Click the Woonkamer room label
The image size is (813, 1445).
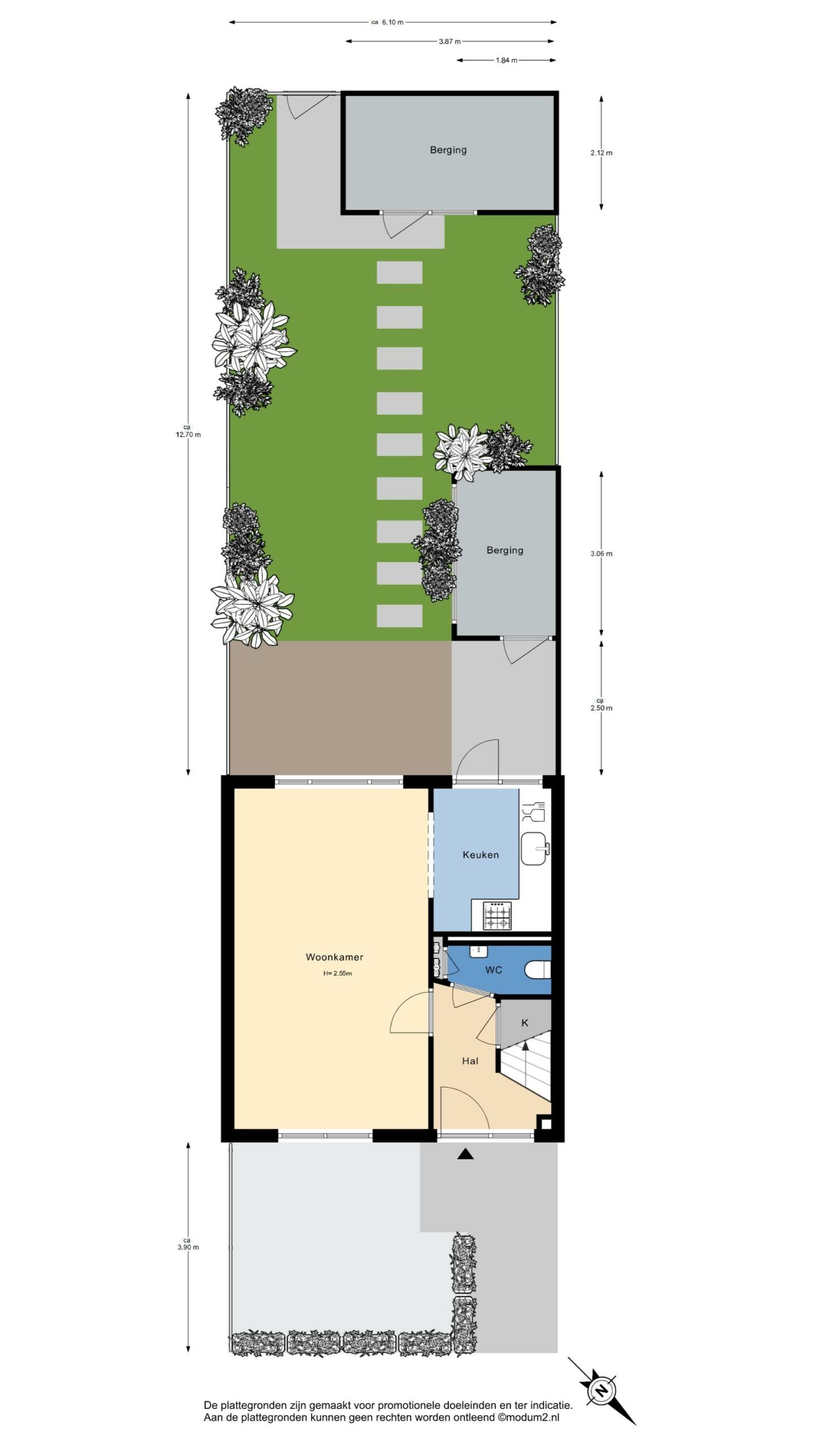pos(334,957)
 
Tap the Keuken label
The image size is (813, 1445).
pos(480,855)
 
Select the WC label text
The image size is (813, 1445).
pos(493,970)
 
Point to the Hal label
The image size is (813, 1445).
pos(470,1061)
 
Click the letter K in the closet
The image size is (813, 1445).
pos(525,1022)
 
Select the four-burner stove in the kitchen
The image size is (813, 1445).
pos(497,916)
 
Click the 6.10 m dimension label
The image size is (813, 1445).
pos(392,23)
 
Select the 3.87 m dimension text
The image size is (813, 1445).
pos(449,41)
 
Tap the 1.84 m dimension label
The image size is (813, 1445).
pos(506,60)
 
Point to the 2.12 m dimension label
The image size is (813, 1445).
pos(601,152)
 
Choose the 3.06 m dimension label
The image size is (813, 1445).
pos(601,554)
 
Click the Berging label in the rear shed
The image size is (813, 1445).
pos(448,150)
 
